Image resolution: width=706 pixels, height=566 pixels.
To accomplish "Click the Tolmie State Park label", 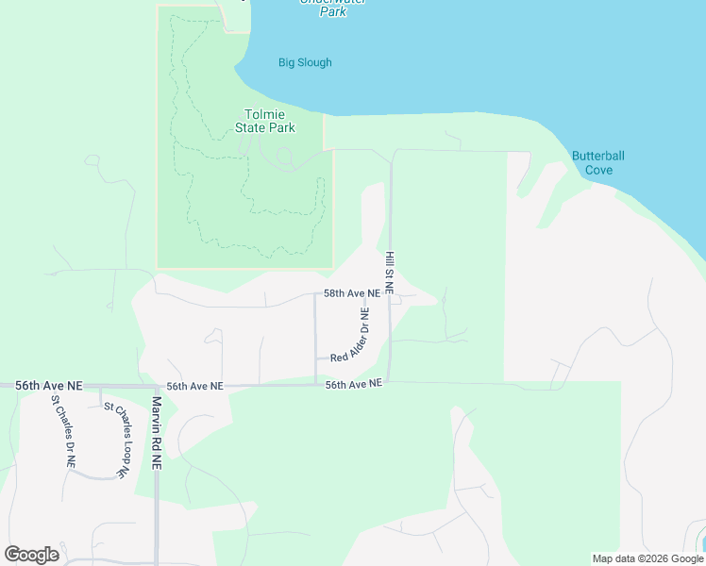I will click(264, 121).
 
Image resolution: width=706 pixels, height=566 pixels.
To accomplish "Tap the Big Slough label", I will click(305, 63).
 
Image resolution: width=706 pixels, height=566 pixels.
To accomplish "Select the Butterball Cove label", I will click(598, 163).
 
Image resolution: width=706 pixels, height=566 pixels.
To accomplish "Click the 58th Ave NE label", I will click(351, 293).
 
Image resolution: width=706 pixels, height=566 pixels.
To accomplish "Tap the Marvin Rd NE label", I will click(157, 433).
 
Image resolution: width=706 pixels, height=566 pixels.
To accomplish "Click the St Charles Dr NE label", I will click(61, 431).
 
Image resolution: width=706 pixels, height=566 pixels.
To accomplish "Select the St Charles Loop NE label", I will click(116, 438).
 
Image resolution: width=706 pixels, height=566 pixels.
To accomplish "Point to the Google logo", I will click(31, 555).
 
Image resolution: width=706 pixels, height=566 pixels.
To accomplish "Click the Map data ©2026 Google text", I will click(647, 558).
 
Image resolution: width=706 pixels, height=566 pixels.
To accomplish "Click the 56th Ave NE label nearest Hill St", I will click(353, 384).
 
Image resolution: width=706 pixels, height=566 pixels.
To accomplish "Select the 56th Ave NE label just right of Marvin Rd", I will click(194, 386).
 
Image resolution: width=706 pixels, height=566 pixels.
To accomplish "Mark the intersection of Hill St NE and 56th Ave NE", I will click(390, 382).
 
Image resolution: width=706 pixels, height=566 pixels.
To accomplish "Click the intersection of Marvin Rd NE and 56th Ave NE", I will click(157, 386).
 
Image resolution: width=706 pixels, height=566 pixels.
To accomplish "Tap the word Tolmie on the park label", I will click(264, 114).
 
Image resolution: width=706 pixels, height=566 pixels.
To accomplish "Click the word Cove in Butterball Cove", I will click(598, 170).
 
